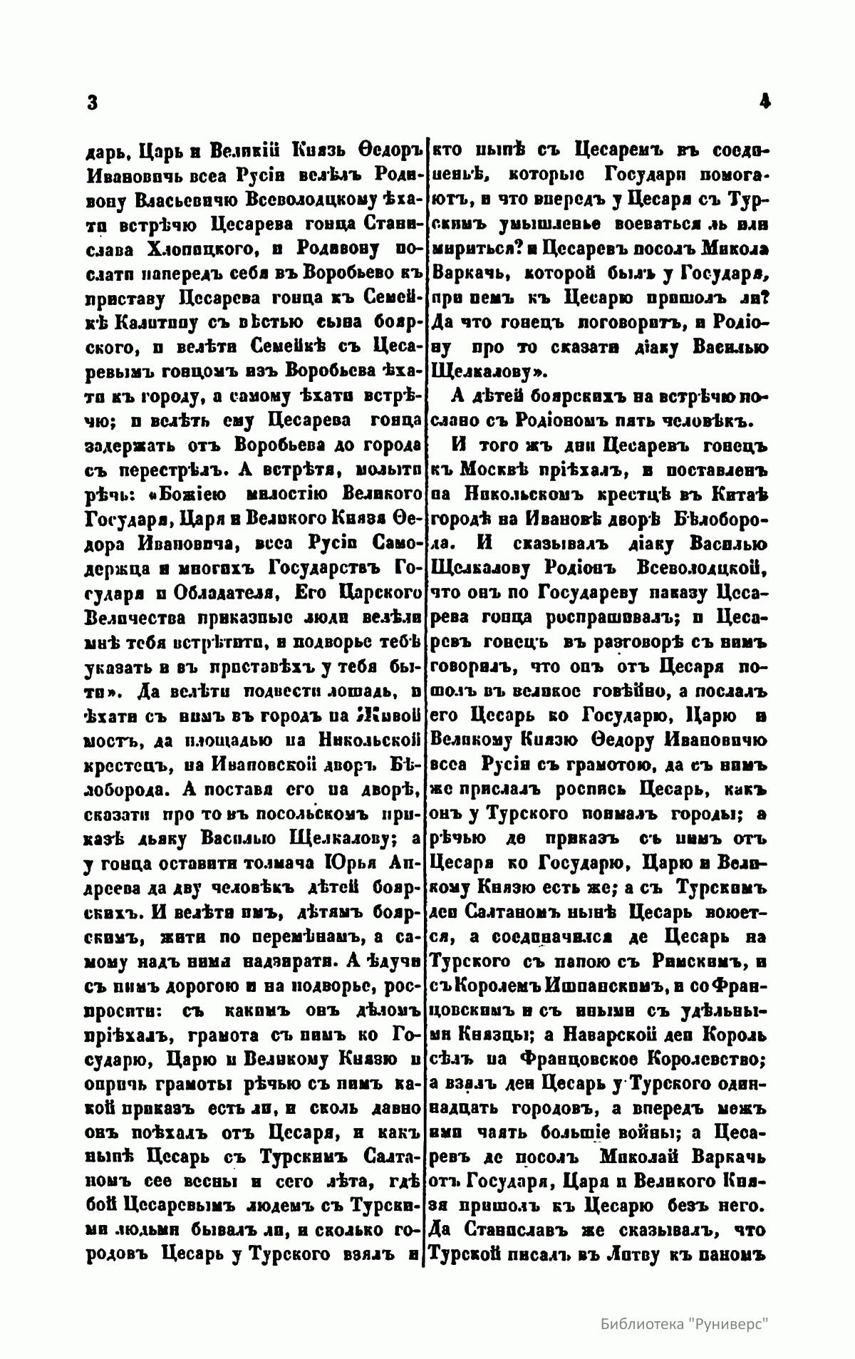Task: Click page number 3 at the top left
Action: [x=91, y=103]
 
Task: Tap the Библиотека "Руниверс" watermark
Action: [x=686, y=1321]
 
